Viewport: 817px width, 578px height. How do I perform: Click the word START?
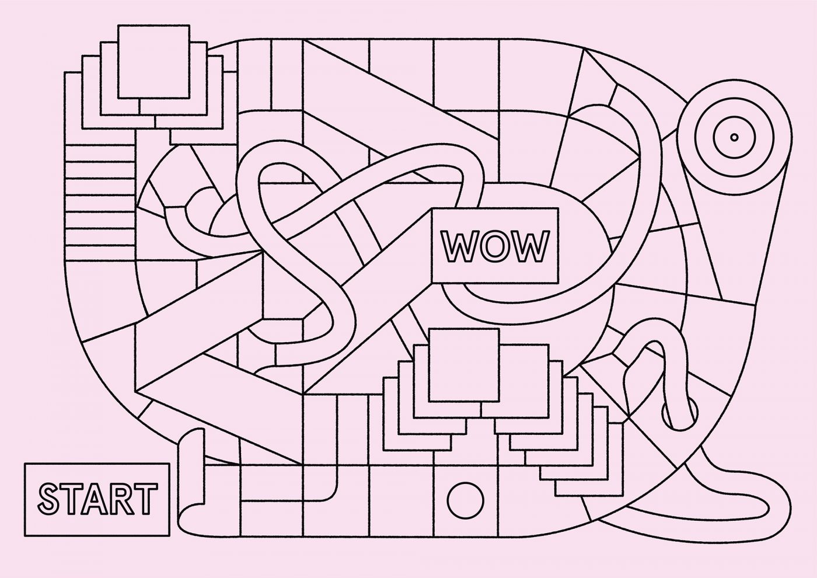click(97, 498)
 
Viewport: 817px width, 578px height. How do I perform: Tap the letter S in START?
click(50, 499)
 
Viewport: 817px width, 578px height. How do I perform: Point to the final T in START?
click(145, 498)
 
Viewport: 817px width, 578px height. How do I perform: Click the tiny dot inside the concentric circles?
click(734, 137)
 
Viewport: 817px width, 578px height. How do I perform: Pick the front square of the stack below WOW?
click(465, 365)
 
